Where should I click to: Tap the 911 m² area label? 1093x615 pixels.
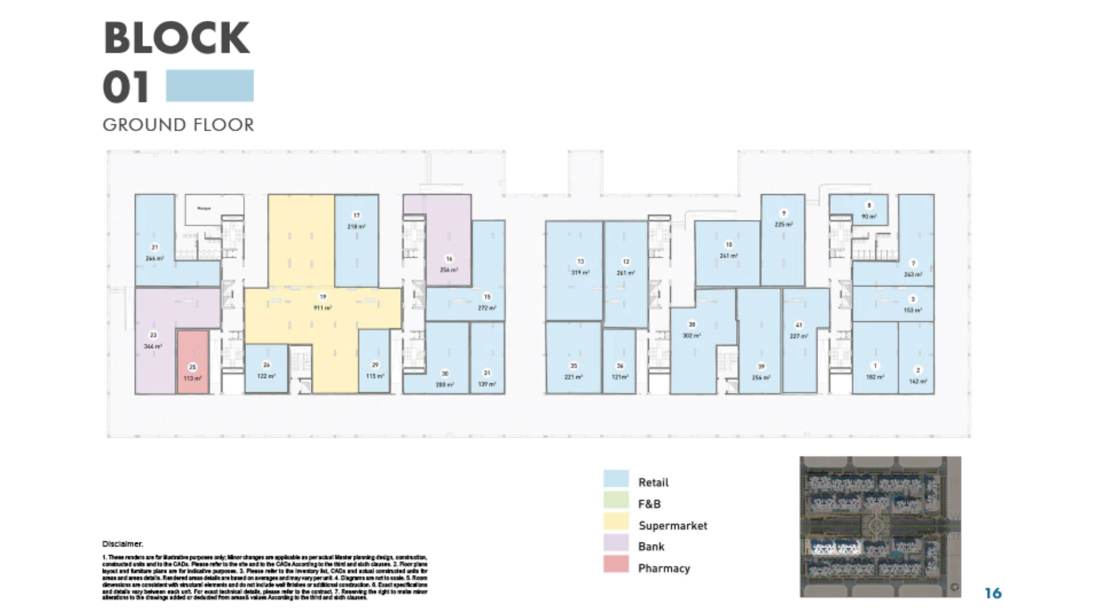(322, 308)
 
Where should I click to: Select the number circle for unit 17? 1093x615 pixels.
(356, 215)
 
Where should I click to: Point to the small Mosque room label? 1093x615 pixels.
(204, 208)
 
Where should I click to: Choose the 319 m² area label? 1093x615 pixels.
(580, 273)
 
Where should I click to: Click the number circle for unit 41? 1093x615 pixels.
(799, 325)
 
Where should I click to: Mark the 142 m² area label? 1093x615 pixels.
(918, 381)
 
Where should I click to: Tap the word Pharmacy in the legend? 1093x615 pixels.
(664, 568)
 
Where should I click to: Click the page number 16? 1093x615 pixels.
(993, 593)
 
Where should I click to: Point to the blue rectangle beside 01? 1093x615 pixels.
(210, 86)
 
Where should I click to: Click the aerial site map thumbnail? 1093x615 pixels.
(880, 527)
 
